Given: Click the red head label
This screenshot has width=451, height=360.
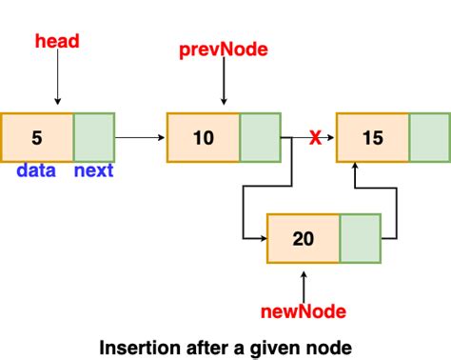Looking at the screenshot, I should coord(57,41).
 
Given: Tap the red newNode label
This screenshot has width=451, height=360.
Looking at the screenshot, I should coord(304,310).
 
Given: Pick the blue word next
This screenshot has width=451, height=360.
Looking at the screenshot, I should coord(93,170).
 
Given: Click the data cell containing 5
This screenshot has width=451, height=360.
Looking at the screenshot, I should coord(37,137).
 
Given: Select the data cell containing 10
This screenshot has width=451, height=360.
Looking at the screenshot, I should coord(204,137).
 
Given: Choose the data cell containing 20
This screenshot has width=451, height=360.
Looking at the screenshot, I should coord(304,238).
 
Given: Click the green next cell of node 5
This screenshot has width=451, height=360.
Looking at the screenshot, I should coord(93,137).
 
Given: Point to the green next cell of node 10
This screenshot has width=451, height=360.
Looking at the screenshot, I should coord(260,137).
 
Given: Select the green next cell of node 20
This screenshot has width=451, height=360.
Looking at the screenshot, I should coord(360,238).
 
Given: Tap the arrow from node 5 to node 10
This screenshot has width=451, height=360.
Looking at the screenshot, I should coord(140,138).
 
